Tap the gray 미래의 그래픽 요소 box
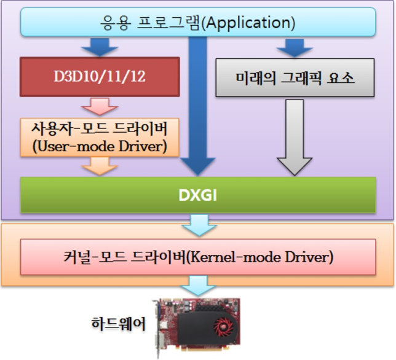click(x=295, y=79)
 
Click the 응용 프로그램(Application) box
click(x=198, y=23)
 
